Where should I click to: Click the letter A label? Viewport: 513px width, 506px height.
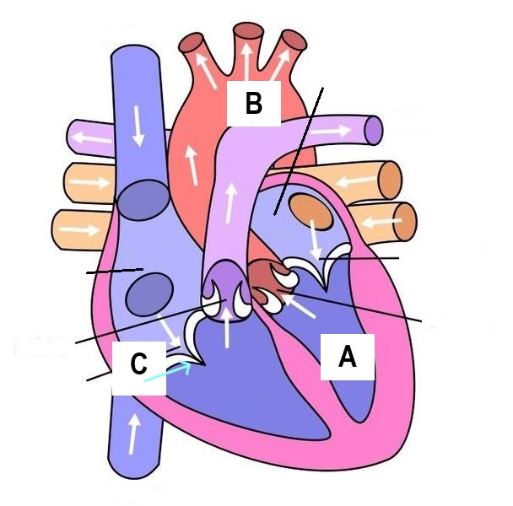(347, 358)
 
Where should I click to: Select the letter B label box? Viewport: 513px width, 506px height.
(253, 104)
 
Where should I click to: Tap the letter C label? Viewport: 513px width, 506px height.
(139, 364)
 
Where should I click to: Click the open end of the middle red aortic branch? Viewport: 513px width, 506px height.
(248, 32)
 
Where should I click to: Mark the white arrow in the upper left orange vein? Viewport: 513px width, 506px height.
(94, 182)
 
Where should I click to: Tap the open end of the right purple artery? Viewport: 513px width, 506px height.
(374, 130)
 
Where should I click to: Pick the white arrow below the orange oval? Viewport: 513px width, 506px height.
(316, 240)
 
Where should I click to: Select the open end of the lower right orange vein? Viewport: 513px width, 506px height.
(406, 220)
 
